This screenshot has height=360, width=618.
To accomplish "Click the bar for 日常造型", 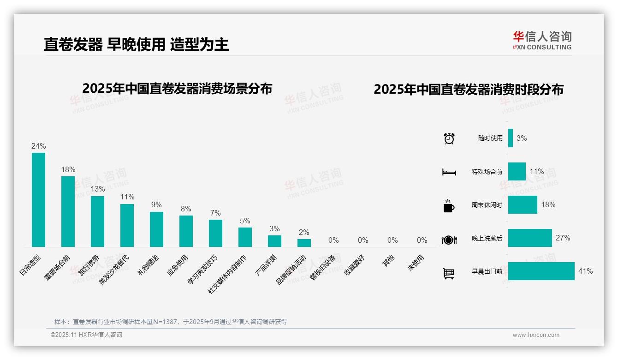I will click(x=38, y=200).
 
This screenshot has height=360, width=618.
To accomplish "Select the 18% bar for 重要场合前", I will click(x=68, y=211).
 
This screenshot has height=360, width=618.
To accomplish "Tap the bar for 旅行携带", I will click(x=97, y=222).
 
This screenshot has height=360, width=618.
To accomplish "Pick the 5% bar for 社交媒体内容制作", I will click(x=245, y=237).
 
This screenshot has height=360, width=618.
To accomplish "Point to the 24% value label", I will click(x=38, y=146).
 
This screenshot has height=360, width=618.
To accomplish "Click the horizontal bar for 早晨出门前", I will click(x=541, y=271).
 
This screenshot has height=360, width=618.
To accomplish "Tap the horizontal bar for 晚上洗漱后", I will click(x=530, y=238).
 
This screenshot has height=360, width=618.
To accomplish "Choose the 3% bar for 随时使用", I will click(x=511, y=138).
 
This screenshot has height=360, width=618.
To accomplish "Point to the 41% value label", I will click(x=585, y=271).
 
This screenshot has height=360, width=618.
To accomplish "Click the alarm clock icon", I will click(x=449, y=138).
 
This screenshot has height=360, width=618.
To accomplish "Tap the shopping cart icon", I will click(x=449, y=274).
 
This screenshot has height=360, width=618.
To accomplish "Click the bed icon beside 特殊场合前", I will click(x=449, y=172).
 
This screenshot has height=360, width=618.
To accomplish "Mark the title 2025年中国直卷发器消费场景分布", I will click(x=177, y=89).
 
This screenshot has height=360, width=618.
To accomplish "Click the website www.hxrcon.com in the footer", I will click(x=536, y=335).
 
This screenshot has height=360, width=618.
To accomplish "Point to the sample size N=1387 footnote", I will click(x=171, y=322).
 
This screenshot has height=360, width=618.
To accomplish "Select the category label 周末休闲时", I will click(x=487, y=205).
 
